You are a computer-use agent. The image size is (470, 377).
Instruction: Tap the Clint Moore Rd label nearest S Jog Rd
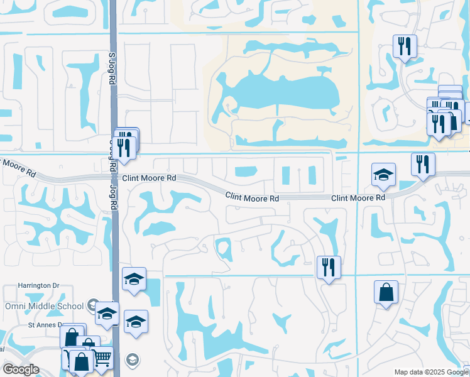pyautogui.click(x=149, y=178)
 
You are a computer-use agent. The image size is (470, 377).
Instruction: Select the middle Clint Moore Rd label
pyautogui.click(x=253, y=197)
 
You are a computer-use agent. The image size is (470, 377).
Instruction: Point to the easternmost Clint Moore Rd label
pyautogui.click(x=358, y=198)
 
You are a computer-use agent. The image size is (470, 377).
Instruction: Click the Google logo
pyautogui.click(x=21, y=369)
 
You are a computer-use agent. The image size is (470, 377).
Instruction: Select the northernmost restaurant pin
pyautogui.click(x=404, y=46)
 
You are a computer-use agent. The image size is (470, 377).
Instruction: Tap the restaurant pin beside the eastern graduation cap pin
pyautogui.click(x=423, y=165)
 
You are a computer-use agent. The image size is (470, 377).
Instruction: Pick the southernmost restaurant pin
pyautogui.click(x=328, y=266)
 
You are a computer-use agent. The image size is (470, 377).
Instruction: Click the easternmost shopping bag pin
pyautogui.click(x=386, y=292)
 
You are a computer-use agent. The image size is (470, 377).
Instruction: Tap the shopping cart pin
pyautogui.click(x=102, y=358)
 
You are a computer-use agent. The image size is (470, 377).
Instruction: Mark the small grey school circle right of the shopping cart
pyautogui.click(x=132, y=359)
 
